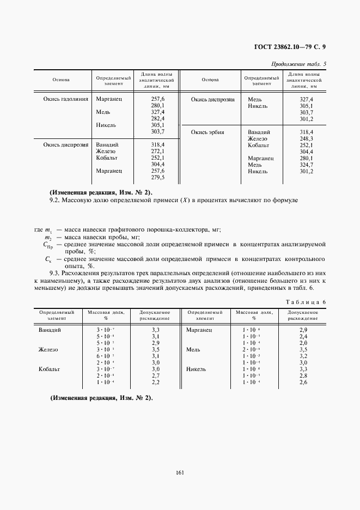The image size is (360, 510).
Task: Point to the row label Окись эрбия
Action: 208,132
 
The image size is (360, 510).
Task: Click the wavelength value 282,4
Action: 157,118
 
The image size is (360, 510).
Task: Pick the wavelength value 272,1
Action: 157,151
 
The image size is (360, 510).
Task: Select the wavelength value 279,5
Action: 157,177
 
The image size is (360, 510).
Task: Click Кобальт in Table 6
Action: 48,369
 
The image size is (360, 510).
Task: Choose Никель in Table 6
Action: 196,369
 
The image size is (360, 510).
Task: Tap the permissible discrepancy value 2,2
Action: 155,382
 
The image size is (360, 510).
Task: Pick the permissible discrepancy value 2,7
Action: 155,375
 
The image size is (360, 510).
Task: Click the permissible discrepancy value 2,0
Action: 303,343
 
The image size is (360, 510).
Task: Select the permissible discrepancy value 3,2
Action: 303,356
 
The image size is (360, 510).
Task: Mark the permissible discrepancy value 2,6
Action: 303,382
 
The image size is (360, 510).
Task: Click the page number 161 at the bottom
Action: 180,472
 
